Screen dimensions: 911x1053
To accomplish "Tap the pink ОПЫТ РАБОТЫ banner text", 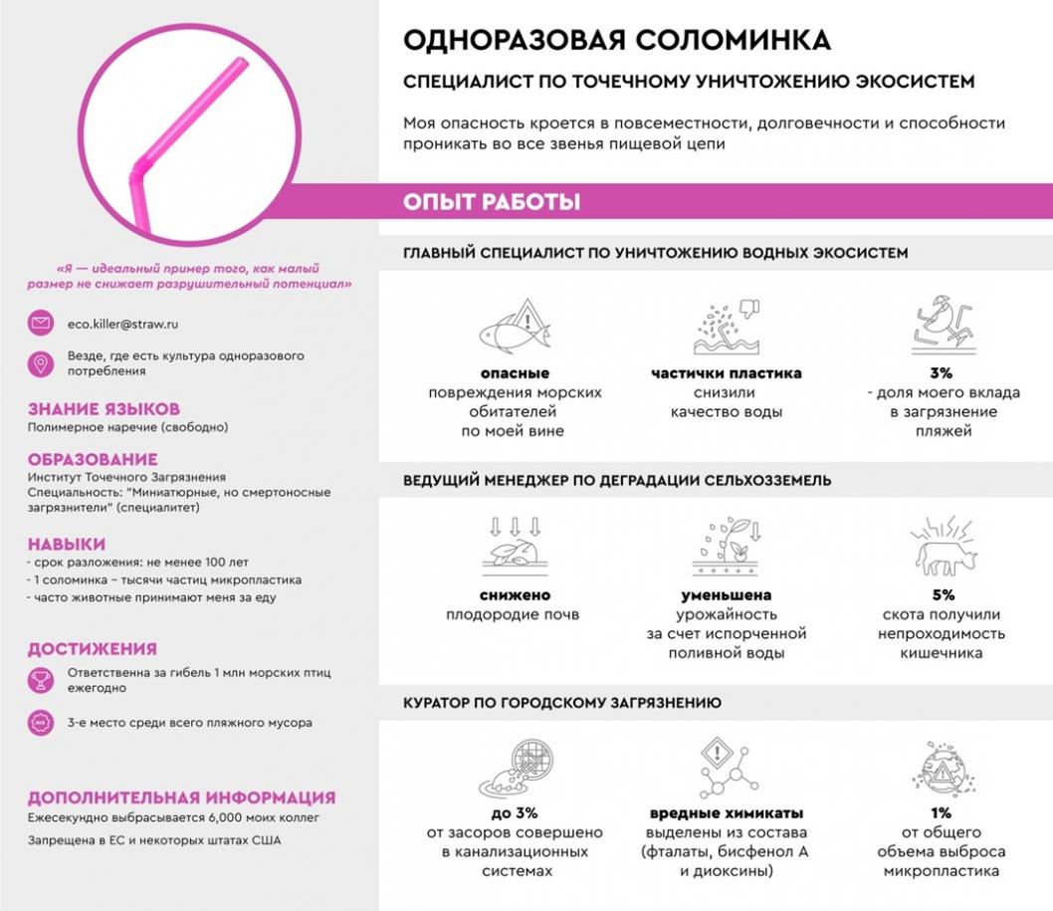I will click(x=492, y=202).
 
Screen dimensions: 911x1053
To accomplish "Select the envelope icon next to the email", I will click(x=41, y=324).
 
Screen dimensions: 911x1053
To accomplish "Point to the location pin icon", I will click(x=41, y=363).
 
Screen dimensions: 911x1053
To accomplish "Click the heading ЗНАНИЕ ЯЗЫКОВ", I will click(x=104, y=409).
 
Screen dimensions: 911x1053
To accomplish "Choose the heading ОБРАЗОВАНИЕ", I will click(x=93, y=459).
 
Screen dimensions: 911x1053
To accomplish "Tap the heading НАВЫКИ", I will click(x=66, y=544).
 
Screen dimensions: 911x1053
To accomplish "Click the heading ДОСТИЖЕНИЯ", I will click(x=92, y=649).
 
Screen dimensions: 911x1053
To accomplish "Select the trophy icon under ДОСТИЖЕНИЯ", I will click(x=41, y=680).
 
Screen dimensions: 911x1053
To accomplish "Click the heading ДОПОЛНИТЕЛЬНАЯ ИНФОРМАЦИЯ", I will click(x=181, y=797).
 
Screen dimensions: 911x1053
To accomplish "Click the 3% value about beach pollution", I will click(x=942, y=373).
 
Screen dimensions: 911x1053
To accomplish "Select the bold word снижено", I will click(x=515, y=595).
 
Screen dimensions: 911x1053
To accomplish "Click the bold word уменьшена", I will click(x=728, y=595).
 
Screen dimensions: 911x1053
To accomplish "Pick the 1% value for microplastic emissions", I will click(x=941, y=812).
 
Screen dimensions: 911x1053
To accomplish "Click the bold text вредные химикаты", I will click(x=727, y=812).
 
